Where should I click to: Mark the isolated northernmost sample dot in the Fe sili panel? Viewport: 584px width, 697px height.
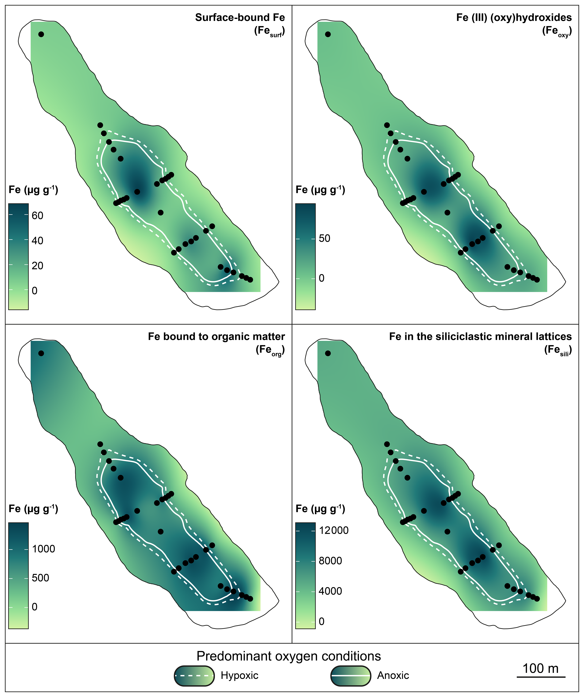(x=328, y=354)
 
